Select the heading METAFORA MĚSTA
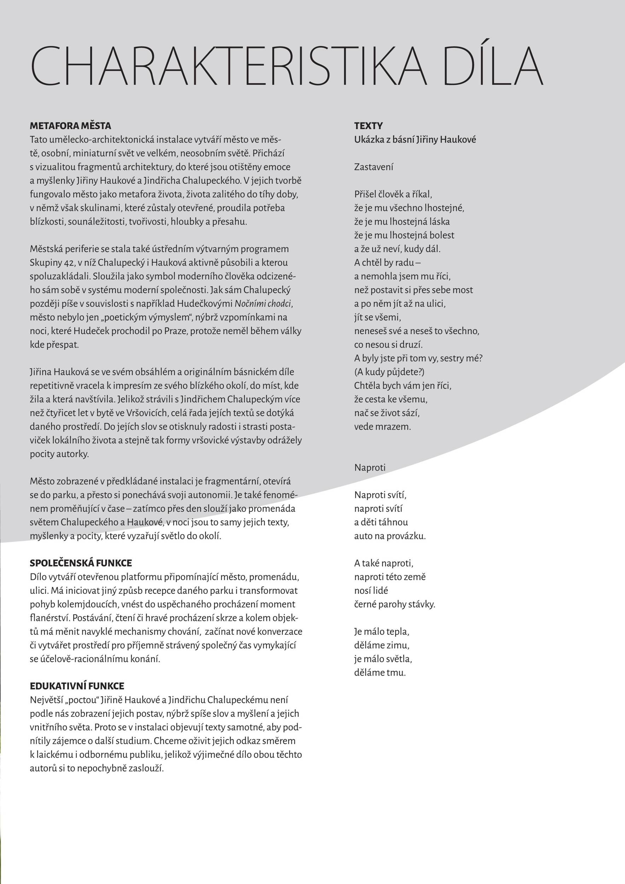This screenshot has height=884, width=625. point(70,126)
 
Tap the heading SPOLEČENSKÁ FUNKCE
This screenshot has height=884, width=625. point(81,563)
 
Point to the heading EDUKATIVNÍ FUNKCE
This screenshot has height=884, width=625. point(77,686)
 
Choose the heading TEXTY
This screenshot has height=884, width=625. point(368,126)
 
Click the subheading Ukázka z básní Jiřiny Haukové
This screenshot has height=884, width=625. point(415,139)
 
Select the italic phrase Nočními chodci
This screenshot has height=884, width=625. point(263,303)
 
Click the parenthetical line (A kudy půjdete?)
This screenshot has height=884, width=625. point(389,372)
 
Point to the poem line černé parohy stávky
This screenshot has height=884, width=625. point(395,604)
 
